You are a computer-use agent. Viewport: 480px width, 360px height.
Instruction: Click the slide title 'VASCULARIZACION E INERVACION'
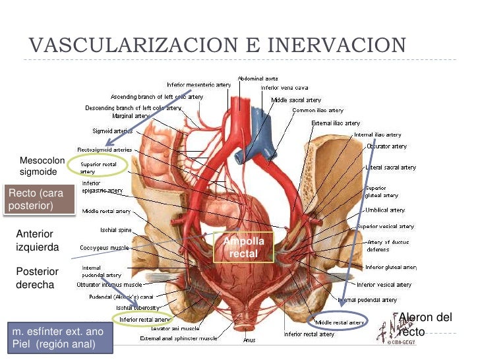coord(217,45)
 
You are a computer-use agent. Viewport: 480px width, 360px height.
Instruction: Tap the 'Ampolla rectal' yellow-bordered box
coord(243,247)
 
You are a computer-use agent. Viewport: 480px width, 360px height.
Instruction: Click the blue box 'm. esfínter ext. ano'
coord(58,338)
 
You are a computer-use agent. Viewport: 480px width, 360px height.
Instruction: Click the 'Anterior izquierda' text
coord(37,241)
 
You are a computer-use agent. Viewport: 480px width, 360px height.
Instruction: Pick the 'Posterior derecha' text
coord(37,278)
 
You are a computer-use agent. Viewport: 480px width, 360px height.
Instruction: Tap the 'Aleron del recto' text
coord(425,324)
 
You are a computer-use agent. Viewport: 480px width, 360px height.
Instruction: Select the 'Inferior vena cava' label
coord(284,88)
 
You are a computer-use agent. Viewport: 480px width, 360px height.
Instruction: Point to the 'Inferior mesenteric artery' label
coord(198,85)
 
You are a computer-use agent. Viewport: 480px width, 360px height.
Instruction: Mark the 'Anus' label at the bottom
coord(249,340)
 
